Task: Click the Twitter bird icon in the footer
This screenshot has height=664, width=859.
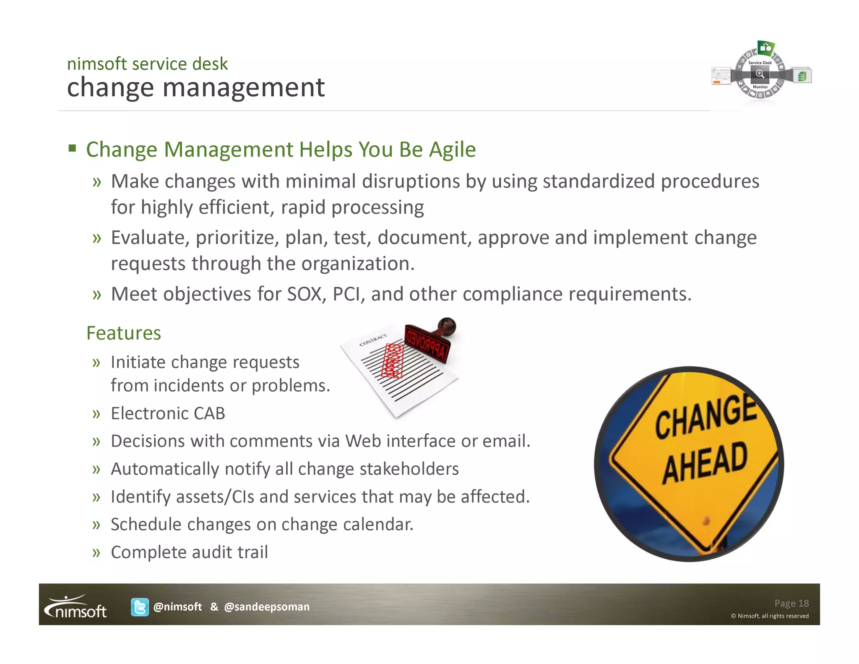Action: coord(140,607)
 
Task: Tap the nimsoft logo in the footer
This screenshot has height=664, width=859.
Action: coord(76,607)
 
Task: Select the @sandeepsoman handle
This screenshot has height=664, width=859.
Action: coord(267,607)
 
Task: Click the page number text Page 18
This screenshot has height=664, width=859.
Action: coord(791,603)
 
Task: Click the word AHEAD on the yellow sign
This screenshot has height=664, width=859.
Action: coord(705,463)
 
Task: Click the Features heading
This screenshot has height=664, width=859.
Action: coord(123,333)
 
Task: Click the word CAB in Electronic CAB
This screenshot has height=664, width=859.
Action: coord(209,413)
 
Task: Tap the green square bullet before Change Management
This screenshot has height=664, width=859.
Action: coord(73,148)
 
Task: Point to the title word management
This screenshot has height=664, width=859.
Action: coord(243,88)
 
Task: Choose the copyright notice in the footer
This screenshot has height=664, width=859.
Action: coord(770,616)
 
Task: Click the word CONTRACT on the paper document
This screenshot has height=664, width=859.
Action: coord(373,340)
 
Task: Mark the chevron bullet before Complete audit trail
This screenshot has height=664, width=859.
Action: coord(97,552)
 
